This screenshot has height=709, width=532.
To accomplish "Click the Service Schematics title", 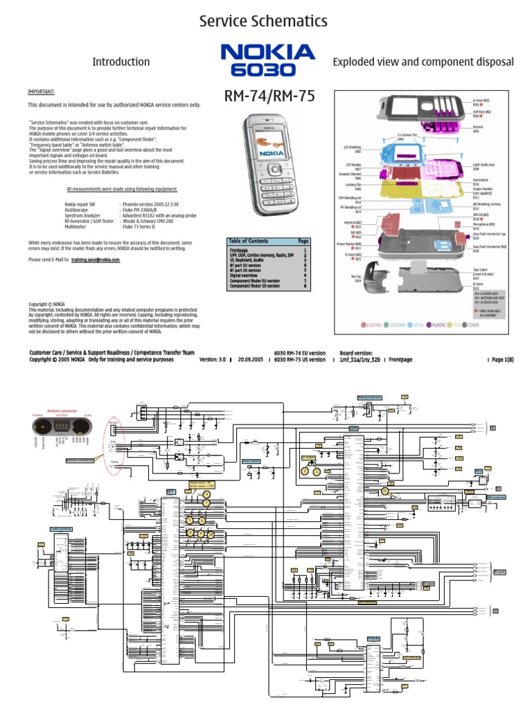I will click(263, 21).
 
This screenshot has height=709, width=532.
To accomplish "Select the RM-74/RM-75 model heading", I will click(269, 97).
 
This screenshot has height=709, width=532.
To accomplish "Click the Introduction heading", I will click(121, 62).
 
